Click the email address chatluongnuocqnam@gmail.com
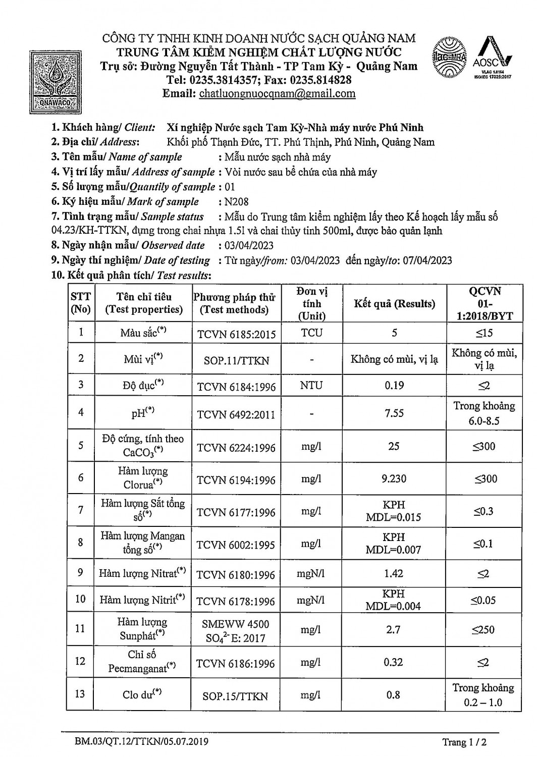277,93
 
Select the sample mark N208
236,202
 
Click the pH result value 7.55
394,413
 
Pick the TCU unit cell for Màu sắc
311,333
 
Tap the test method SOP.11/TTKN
236,361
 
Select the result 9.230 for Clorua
394,478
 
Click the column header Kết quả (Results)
394,304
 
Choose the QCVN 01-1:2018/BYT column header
485,304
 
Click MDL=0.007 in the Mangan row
394,550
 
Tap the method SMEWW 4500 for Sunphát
236,624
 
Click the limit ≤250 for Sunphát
484,630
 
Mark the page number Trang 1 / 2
464,742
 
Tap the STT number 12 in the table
80,661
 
